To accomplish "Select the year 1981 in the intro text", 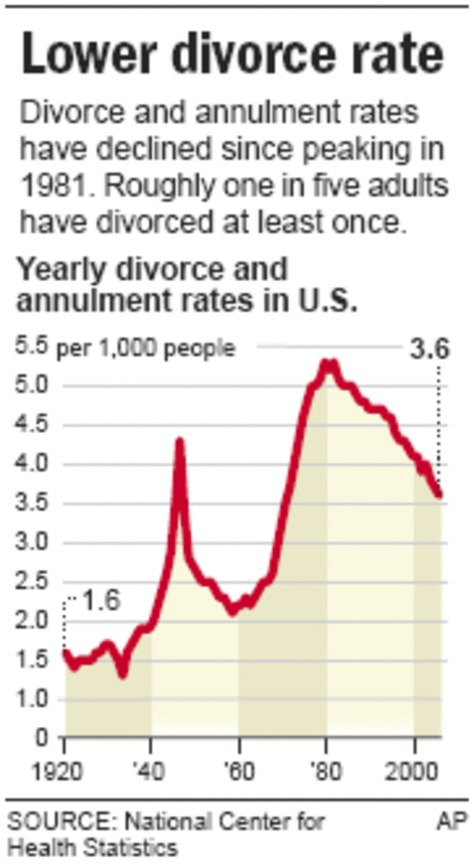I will click(50, 186).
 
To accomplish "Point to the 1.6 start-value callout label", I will click(101, 601).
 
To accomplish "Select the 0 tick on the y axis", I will click(41, 739).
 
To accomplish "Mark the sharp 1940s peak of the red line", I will click(180, 443).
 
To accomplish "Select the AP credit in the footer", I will click(451, 821).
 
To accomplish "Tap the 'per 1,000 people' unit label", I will click(146, 349).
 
